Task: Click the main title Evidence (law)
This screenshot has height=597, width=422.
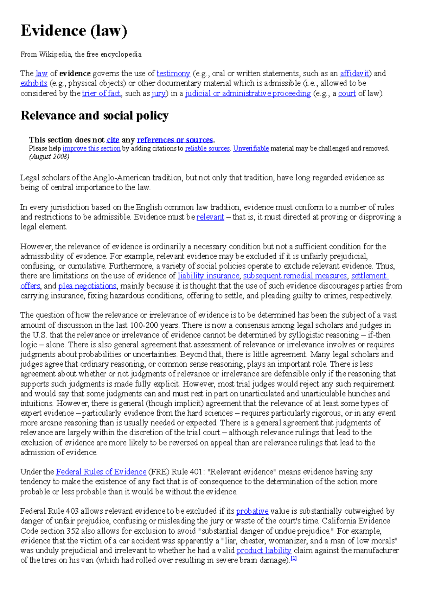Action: coord(74,31)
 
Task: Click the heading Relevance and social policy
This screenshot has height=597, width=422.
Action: coord(95,116)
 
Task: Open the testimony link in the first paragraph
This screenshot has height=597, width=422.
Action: coord(173,73)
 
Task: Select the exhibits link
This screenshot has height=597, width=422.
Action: coord(34,83)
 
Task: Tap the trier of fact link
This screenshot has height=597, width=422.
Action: coord(101,94)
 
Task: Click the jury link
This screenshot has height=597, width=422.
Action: coord(159,94)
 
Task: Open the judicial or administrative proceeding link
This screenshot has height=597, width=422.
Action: coord(248,94)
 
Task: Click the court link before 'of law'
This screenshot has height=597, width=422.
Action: coord(347,94)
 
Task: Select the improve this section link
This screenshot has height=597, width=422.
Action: coord(91,148)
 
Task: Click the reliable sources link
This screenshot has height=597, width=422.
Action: coord(207,148)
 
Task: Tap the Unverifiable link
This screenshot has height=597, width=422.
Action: coord(251,148)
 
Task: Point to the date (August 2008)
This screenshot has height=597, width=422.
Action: coord(49,157)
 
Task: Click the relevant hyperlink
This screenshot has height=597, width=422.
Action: coord(210,217)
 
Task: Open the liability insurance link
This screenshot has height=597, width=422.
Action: coord(208,276)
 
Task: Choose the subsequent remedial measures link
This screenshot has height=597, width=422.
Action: coord(295,276)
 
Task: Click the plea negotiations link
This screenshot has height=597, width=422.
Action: coord(87,286)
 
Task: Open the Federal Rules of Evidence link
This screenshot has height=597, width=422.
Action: coord(101,472)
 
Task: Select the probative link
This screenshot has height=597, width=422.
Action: coord(252,511)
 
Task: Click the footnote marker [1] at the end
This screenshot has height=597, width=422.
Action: coord(294,559)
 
